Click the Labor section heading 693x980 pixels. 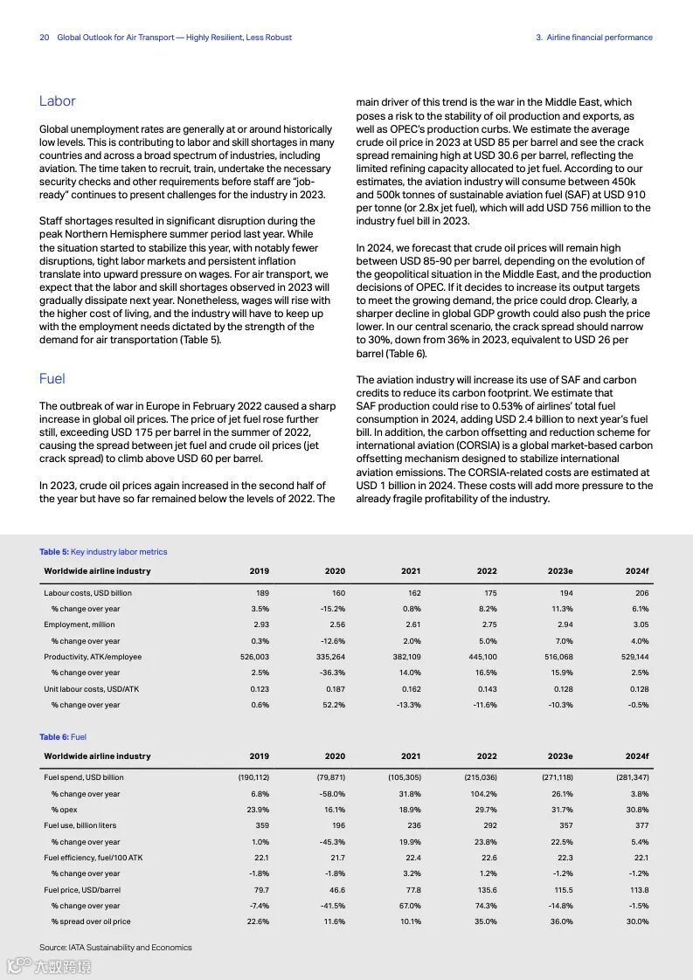(58, 101)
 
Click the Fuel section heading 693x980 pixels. (52, 378)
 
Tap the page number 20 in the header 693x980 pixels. (44, 38)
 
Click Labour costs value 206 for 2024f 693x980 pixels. (641, 593)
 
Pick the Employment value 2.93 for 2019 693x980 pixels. (260, 625)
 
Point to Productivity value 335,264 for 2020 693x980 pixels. (330, 657)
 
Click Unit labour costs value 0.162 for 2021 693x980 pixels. (410, 689)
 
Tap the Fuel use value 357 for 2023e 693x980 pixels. (566, 825)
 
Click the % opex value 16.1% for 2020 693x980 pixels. (334, 810)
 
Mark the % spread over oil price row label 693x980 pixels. (91, 921)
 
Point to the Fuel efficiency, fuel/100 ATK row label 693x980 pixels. (93, 858)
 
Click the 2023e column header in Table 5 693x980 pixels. (560, 571)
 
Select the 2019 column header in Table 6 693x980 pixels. (259, 756)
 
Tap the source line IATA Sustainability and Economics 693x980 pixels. (115, 947)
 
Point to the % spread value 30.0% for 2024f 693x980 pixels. (637, 921)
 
